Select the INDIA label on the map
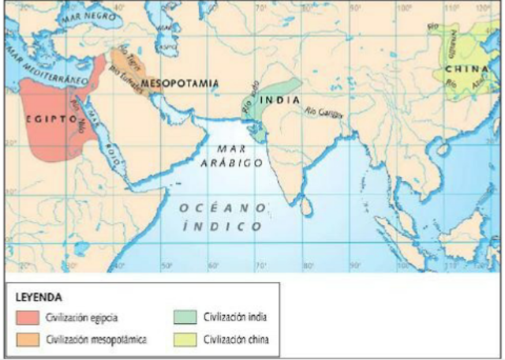point(282,100)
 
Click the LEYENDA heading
point(39,296)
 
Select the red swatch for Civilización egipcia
point(28,317)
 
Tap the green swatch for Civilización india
point(183,317)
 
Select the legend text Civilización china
point(236,339)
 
